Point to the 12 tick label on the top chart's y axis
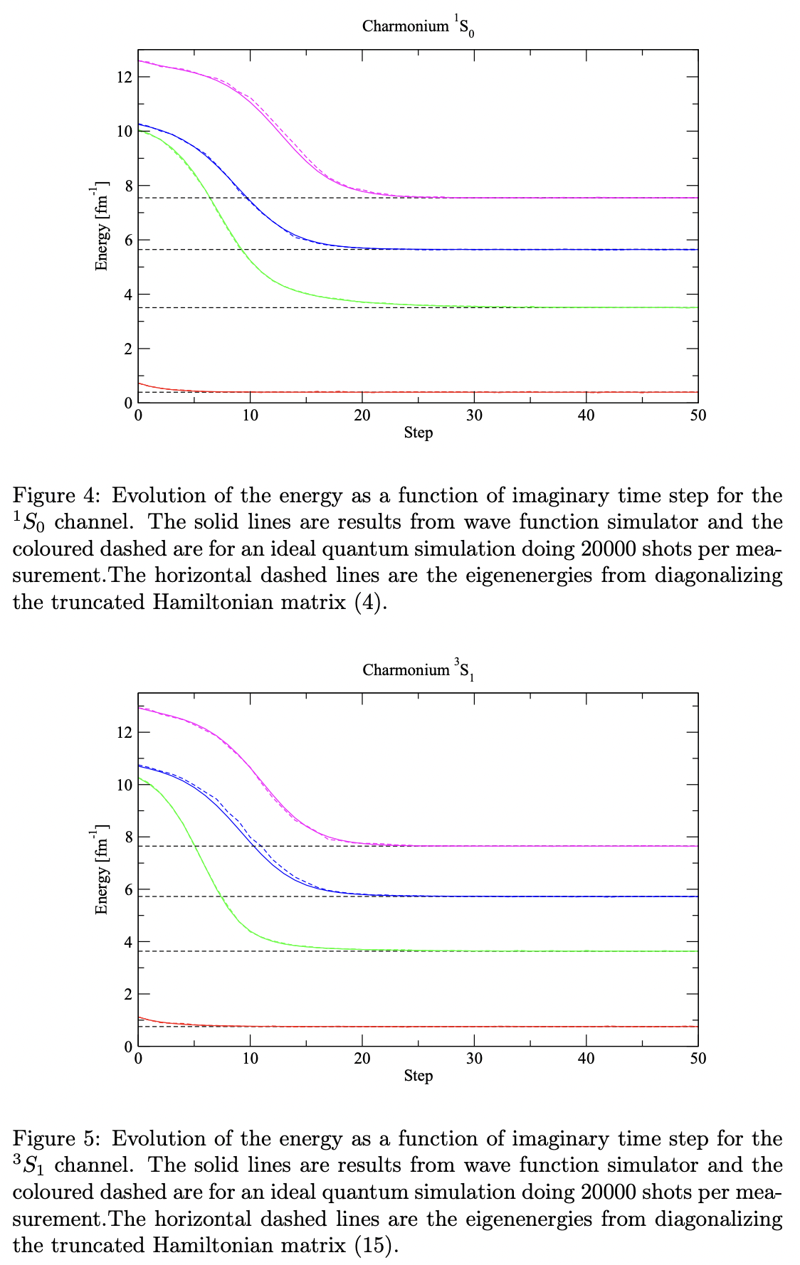[x=125, y=77]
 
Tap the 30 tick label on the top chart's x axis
[x=474, y=416]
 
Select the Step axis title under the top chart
[x=419, y=432]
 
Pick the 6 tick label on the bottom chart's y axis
[x=128, y=889]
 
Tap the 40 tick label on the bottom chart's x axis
[x=586, y=1059]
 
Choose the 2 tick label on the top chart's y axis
[x=128, y=349]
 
